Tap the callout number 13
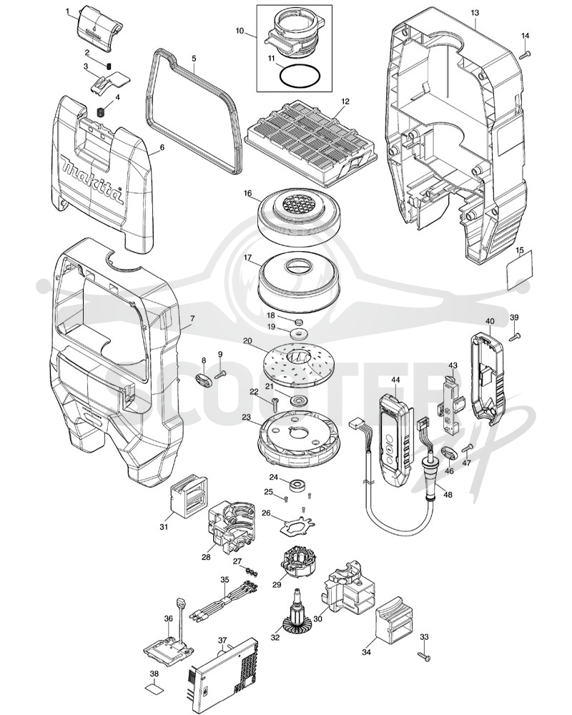(x=475, y=13)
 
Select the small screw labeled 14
(x=526, y=54)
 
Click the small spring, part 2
(x=109, y=66)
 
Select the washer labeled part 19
(x=300, y=334)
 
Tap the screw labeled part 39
(x=514, y=337)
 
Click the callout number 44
(x=395, y=379)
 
